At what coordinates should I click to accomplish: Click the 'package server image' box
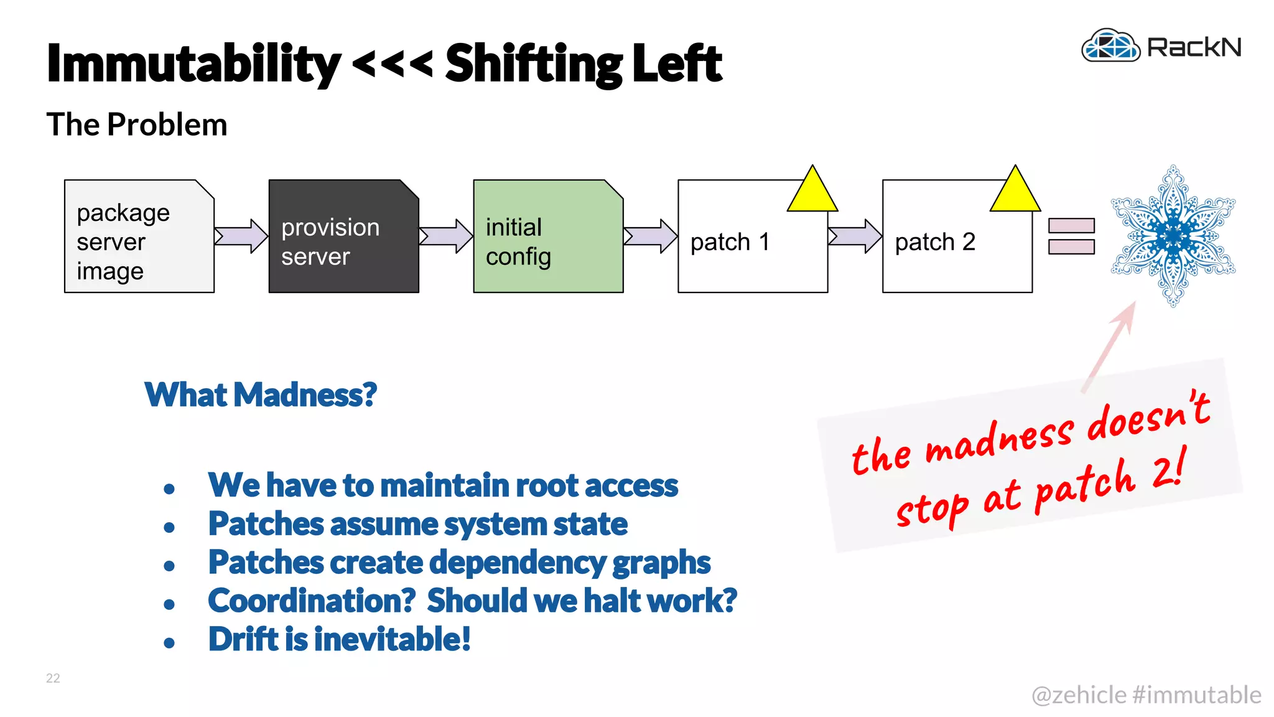pos(139,237)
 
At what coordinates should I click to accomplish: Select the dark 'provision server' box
pos(343,237)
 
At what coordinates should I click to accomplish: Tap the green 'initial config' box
pos(547,237)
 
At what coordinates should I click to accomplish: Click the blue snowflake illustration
pos(1173,236)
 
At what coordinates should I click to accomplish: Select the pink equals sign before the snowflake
pos(1071,236)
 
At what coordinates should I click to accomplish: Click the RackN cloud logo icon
pos(1110,46)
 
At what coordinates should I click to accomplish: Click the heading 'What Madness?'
pos(261,395)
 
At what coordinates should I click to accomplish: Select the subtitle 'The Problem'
pos(137,124)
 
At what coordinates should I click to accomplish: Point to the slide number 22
pos(53,678)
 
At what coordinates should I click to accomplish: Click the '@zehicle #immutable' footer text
pos(1146,695)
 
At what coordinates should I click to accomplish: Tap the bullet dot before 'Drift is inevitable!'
pos(169,643)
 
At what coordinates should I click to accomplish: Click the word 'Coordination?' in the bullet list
pos(312,601)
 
